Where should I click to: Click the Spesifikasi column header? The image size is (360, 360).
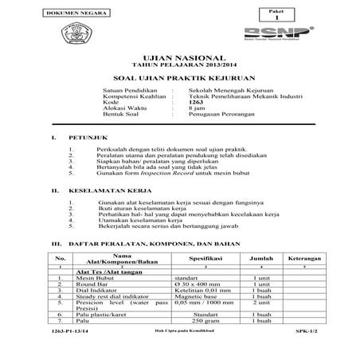(x=205, y=259)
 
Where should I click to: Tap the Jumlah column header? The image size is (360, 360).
(x=260, y=259)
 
